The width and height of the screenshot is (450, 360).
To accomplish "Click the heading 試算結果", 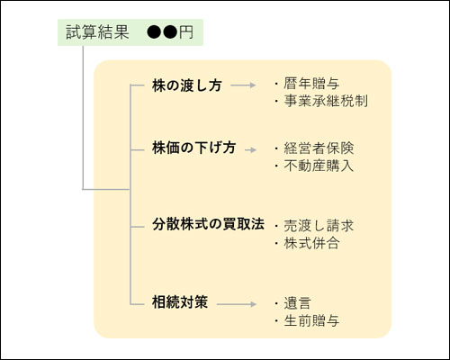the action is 97,32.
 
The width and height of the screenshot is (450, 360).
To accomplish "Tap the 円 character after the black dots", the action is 186,32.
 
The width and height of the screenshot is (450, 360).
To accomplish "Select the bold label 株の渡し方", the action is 186,85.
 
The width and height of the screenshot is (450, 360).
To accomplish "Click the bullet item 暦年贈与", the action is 311,84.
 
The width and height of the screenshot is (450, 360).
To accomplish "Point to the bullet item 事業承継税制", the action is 326,101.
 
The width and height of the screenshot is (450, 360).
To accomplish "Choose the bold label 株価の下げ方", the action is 193,148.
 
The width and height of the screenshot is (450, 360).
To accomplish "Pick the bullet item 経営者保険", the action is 319,148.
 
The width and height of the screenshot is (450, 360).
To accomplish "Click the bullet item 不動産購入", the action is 319,166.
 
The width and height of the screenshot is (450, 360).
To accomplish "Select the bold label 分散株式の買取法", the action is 208,224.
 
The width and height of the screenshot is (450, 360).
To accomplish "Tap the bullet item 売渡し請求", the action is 319,226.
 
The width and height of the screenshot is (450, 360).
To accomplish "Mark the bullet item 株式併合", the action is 311,243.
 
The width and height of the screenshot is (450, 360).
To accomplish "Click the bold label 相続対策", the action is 180,301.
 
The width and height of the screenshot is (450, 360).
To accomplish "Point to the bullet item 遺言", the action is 297,303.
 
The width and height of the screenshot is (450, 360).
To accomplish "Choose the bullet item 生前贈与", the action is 311,320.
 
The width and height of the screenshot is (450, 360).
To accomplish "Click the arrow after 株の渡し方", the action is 243,85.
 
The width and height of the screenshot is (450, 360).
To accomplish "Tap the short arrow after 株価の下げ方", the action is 251,149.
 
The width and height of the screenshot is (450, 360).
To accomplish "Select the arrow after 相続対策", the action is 237,304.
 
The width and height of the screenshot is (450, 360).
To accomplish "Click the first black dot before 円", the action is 154,32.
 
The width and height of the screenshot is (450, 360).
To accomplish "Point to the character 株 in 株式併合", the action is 291,243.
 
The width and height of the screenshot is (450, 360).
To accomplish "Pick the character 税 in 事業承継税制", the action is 346,101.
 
